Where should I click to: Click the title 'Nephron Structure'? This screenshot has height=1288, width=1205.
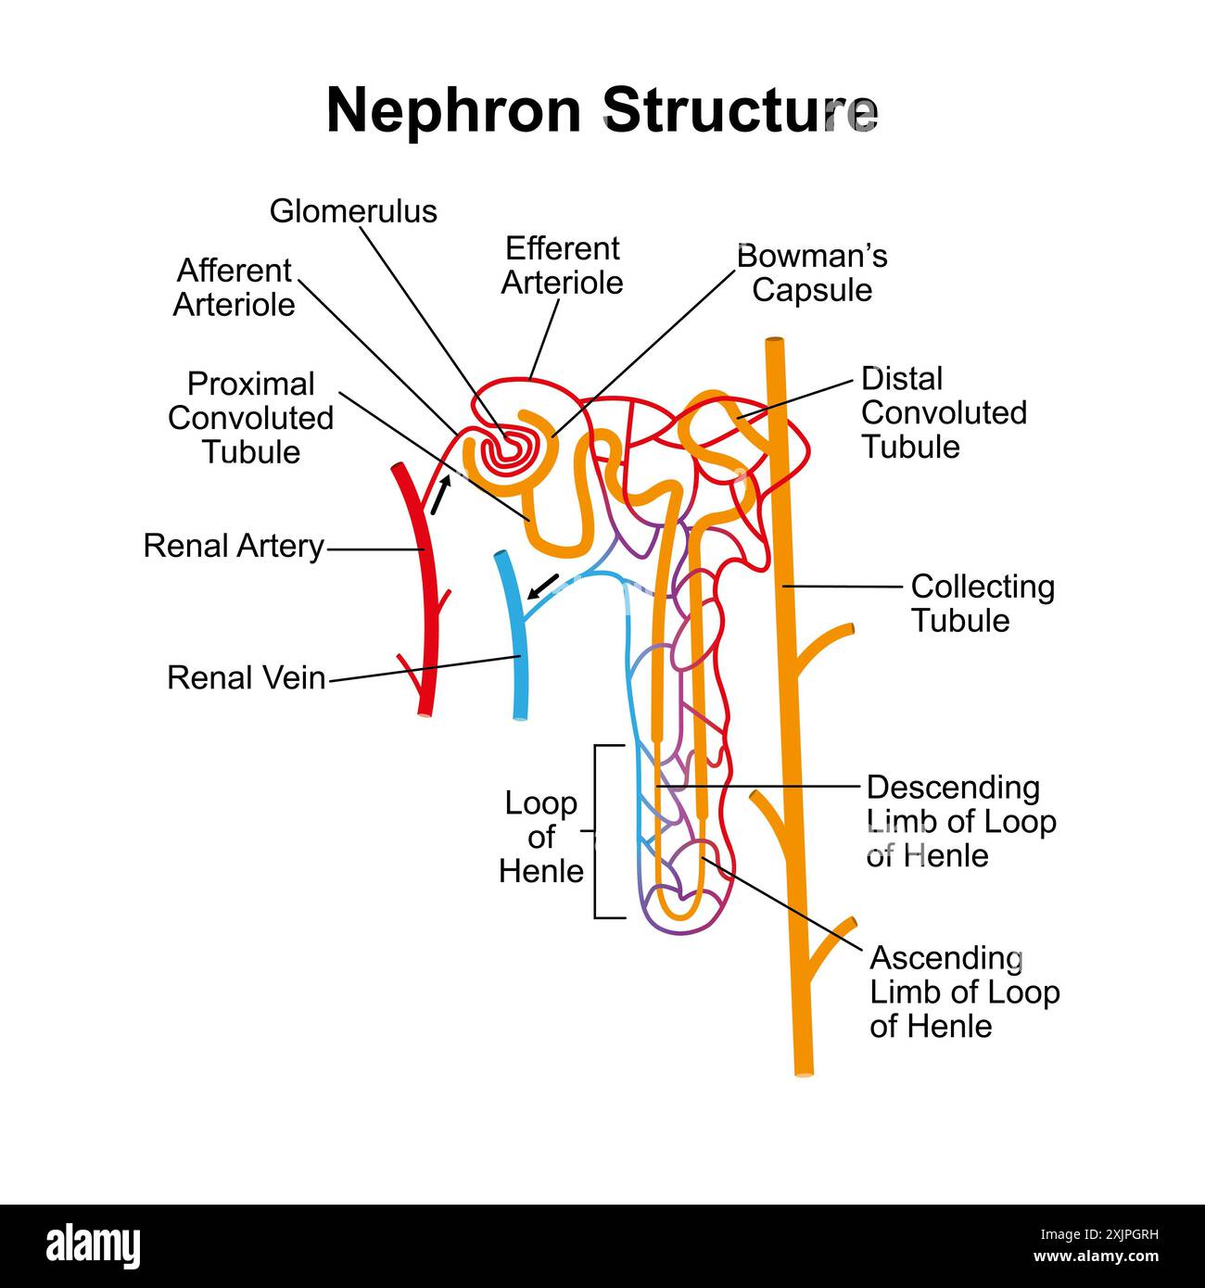tap(602, 110)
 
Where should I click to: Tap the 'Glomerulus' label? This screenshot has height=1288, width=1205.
tap(353, 211)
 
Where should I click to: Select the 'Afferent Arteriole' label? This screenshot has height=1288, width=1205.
tap(234, 287)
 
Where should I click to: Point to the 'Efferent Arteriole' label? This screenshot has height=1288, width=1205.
tap(562, 266)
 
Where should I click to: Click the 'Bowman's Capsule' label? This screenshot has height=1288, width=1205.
tap(812, 272)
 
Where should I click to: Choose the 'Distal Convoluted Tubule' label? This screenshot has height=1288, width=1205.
tap(943, 412)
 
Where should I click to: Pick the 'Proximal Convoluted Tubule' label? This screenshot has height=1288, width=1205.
tap(250, 418)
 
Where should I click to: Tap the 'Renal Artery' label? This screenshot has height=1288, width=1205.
tap(234, 546)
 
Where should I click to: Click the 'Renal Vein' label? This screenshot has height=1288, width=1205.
tap(246, 677)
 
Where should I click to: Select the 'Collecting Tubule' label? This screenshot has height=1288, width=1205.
tap(982, 603)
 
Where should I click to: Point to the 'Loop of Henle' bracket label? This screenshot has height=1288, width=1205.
tap(541, 837)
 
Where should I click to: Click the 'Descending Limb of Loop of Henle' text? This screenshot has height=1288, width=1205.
tap(960, 821)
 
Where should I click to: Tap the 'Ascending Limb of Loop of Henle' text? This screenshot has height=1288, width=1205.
tap(964, 991)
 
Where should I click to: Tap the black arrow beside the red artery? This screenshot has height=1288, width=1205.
tap(440, 494)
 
